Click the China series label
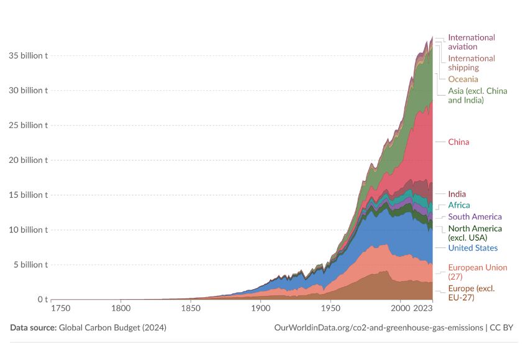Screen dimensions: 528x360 pyautogui.click(x=458, y=142)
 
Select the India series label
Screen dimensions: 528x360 pyautogui.click(x=457, y=194)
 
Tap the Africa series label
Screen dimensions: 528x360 pyautogui.click(x=459, y=205)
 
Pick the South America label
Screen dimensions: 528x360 pyautogui.click(x=475, y=217)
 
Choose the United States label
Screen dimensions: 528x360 pyautogui.click(x=473, y=248)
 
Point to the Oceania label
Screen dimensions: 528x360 pyautogui.click(x=463, y=79)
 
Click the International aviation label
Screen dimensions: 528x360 pyautogui.click(x=471, y=42)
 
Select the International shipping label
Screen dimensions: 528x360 pyautogui.click(x=471, y=63)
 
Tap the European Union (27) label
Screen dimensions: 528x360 pyautogui.click(x=478, y=272)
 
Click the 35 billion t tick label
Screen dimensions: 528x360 pyautogui.click(x=29, y=55)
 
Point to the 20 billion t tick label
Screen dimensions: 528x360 pyautogui.click(x=29, y=160)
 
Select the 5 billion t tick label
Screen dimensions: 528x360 pyautogui.click(x=30, y=265)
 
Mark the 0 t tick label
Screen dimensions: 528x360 pyautogui.click(x=43, y=299)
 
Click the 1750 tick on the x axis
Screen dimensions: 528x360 pyautogui.click(x=61, y=308)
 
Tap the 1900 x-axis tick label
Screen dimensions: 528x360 pyautogui.click(x=261, y=308)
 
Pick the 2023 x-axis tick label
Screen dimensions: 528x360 pyautogui.click(x=422, y=308)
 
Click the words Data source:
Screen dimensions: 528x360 pyautogui.click(x=34, y=328)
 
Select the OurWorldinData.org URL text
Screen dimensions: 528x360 pyautogui.click(x=378, y=328)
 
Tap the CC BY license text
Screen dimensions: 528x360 pyautogui.click(x=501, y=328)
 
